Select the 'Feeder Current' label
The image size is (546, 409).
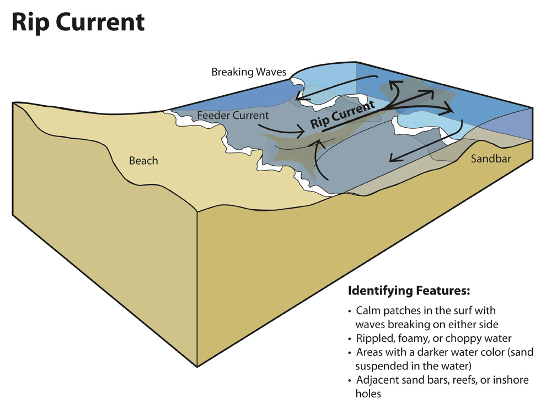pyautogui.click(x=233, y=116)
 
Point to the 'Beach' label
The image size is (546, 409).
pyautogui.click(x=143, y=161)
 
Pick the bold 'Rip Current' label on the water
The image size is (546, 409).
pyautogui.click(x=342, y=114)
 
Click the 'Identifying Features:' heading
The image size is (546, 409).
pyautogui.click(x=408, y=290)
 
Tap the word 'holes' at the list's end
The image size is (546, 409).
pyautogui.click(x=368, y=394)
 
